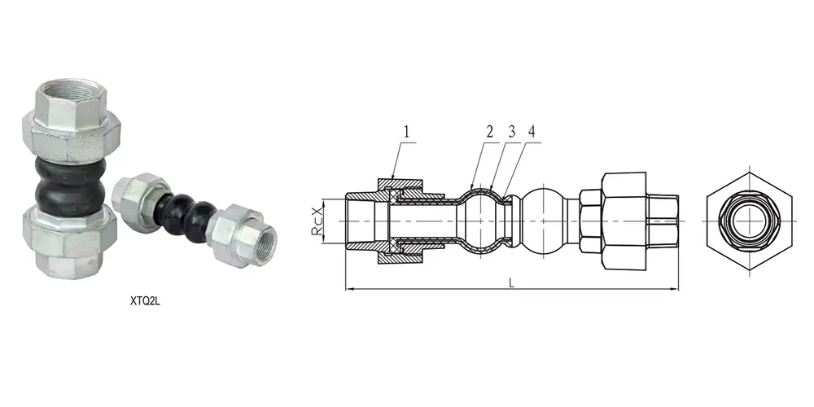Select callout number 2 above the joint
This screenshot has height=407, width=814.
(x=490, y=131)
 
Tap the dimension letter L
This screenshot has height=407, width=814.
(x=511, y=281)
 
